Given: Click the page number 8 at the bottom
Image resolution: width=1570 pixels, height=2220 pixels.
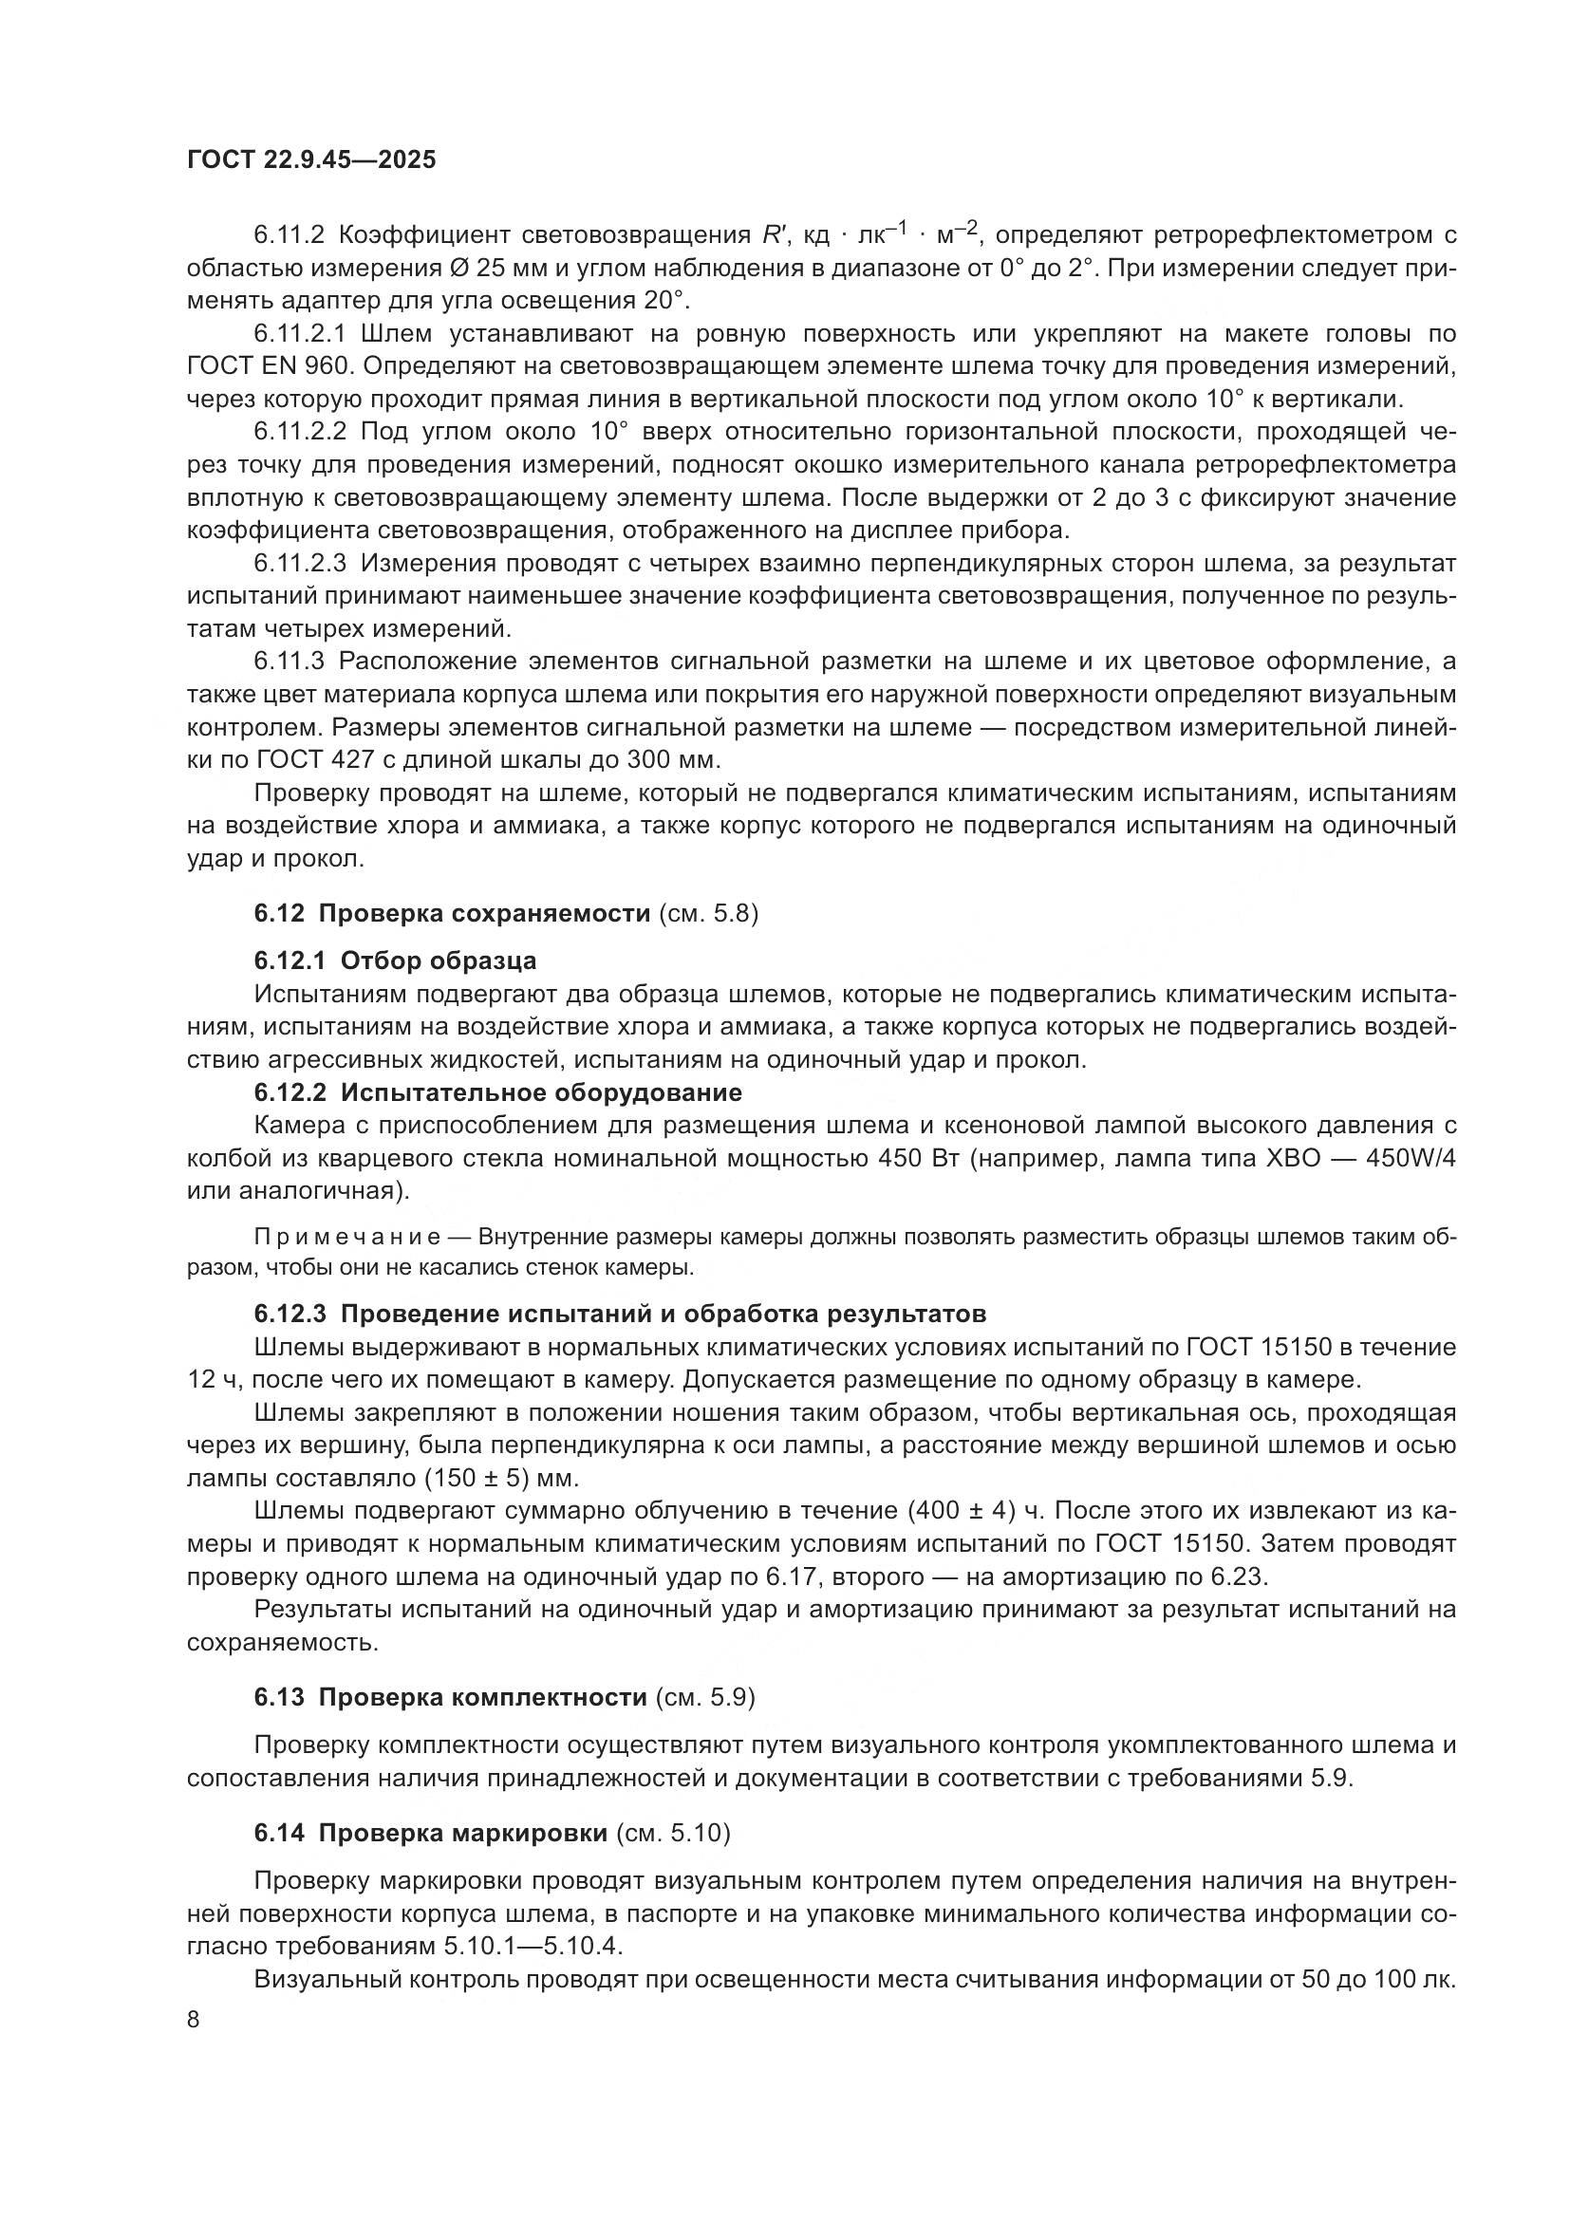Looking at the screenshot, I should point(194,2020).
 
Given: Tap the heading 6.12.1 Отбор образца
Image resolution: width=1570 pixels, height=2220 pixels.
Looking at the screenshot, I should point(395,961).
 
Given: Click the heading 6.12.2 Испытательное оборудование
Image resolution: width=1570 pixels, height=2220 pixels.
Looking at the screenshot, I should point(498,1092).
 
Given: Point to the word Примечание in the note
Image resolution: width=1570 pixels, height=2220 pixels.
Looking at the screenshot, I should point(347,1238).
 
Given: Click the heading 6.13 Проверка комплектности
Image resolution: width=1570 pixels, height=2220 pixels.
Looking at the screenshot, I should point(451,1697).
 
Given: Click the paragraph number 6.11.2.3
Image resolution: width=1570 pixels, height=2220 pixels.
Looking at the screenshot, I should point(307,563).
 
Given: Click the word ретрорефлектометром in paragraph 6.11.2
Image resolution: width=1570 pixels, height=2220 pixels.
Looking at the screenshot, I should point(1289,236).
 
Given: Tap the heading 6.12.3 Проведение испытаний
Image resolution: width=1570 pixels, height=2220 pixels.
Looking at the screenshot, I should point(619,1314).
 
